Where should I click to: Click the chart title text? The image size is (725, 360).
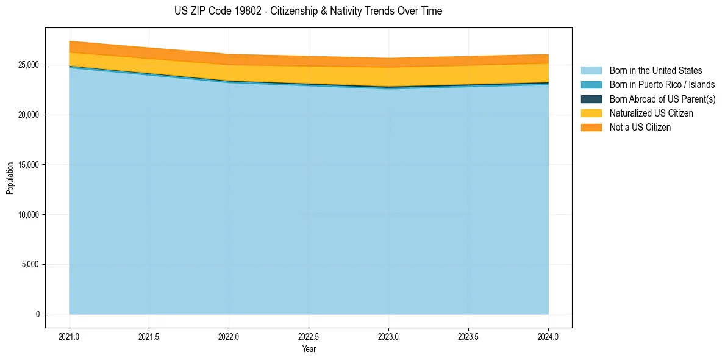coord(308,11)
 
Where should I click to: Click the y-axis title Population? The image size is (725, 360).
coord(10,178)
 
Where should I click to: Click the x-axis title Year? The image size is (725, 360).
coord(309,350)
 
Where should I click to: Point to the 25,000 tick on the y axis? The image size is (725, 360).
coord(27,65)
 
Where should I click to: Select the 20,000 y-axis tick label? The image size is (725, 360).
coord(27,115)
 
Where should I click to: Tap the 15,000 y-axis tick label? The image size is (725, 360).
coord(27,165)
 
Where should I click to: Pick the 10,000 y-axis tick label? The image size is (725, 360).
coord(27,215)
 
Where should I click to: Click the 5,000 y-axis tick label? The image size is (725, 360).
coord(29,265)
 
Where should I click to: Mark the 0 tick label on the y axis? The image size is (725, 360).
coord(37,314)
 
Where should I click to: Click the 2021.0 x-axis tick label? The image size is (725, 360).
coord(70,336)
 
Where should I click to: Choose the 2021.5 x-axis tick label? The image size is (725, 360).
coord(149,336)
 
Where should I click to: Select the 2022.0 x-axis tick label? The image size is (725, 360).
coord(229,336)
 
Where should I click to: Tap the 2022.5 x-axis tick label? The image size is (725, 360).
coord(309,336)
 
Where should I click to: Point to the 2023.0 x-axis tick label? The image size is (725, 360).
coord(389,336)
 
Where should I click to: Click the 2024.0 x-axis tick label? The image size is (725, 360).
coord(548,336)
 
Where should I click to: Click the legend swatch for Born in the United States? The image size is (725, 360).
coord(591,71)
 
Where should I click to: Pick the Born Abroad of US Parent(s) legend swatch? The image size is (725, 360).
coord(591,99)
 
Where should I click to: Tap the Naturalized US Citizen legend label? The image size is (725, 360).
coord(651,113)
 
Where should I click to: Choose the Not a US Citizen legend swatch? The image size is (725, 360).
coord(591,128)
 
